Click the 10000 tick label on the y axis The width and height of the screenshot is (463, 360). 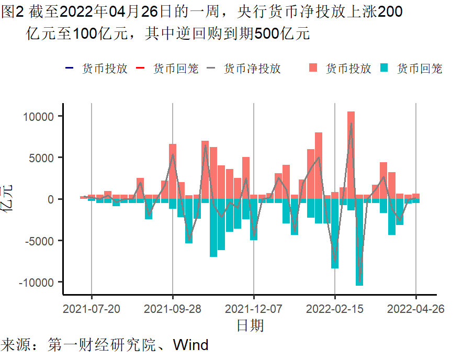click(40, 116)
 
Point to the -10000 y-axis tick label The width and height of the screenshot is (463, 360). click(38, 283)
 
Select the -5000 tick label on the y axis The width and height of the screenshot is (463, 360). click(40, 241)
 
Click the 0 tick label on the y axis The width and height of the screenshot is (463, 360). click(51, 199)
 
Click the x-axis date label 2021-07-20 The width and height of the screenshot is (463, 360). click(92, 309)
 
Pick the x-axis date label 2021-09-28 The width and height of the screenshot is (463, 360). click(173, 309)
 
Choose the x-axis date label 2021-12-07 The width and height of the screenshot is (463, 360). click(254, 309)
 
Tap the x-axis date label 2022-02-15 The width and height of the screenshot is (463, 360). click(335, 309)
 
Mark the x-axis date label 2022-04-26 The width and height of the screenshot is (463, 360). click(416, 309)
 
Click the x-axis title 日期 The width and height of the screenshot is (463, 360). click(250, 325)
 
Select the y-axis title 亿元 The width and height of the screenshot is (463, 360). click(9, 199)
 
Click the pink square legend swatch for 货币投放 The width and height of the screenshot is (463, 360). click(313, 68)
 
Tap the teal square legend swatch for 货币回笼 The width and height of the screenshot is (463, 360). click(385, 68)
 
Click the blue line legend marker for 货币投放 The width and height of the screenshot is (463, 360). click(70, 68)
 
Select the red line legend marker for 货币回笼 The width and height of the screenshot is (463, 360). click(140, 68)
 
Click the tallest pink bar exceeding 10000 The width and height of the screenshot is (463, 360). click(351, 155)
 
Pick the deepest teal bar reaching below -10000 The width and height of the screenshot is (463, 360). click(359, 242)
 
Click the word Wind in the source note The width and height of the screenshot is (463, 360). click(190, 345)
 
